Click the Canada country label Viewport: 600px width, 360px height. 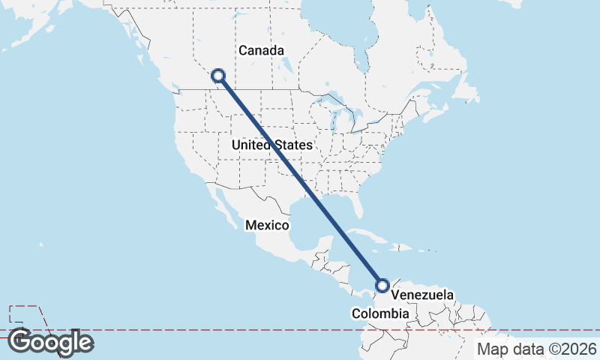tap(261, 51)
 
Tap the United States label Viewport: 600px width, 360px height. tap(271, 144)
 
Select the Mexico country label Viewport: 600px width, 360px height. tap(268, 225)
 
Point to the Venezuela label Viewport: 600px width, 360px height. tap(422, 295)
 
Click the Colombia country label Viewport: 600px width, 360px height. tap(381, 313)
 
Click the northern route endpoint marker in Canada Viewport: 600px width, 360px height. tap(218, 75)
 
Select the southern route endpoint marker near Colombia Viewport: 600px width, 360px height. tap(382, 285)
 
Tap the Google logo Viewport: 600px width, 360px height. tap(50, 342)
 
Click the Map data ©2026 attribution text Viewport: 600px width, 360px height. tap(537, 349)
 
